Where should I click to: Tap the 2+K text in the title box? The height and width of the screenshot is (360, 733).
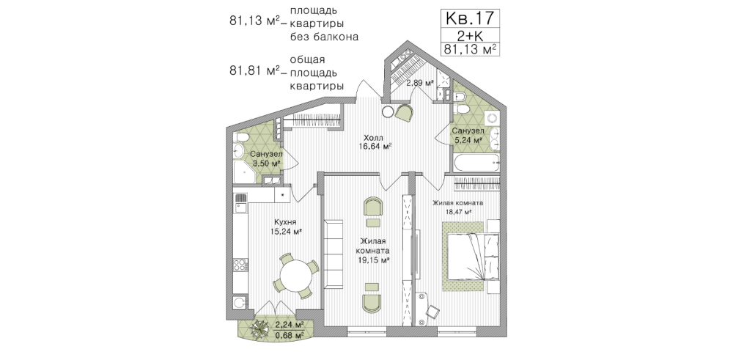pyautogui.click(x=470, y=35)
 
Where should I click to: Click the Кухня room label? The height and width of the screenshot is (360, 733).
pyautogui.click(x=284, y=222)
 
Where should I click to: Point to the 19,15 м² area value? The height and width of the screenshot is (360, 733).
pyautogui.click(x=372, y=261)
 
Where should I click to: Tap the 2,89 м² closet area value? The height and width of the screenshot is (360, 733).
pyautogui.click(x=419, y=84)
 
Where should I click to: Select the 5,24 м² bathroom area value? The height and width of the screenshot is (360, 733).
pyautogui.click(x=468, y=140)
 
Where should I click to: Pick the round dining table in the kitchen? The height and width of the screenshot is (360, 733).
pyautogui.click(x=295, y=276)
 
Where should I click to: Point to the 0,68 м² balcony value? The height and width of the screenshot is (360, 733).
pyautogui.click(x=290, y=335)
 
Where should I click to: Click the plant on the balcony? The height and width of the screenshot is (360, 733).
pyautogui.click(x=257, y=330)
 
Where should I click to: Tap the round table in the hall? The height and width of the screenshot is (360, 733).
pyautogui.click(x=388, y=111)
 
